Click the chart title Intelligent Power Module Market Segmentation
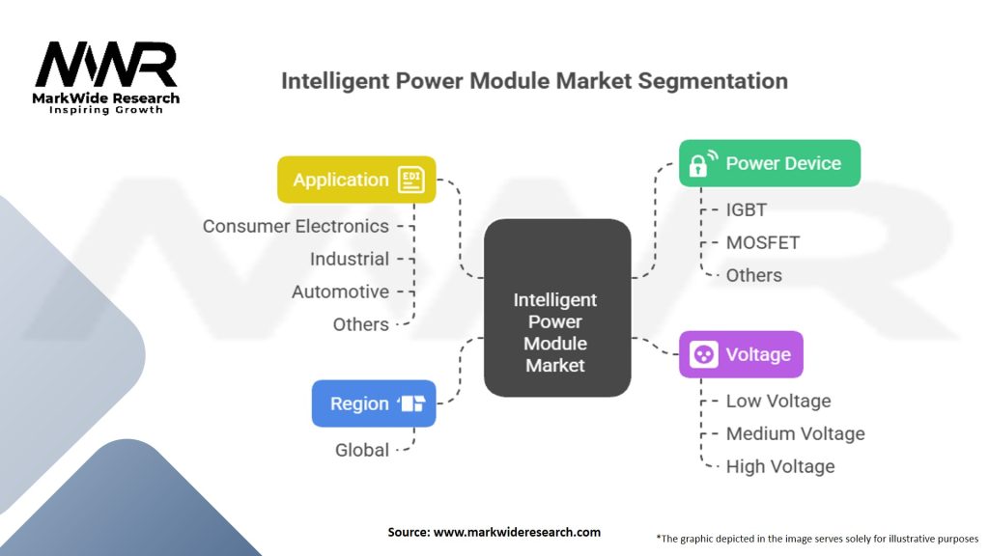[534, 80]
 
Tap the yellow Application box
[356, 180]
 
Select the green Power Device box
[769, 163]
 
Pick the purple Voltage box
[741, 354]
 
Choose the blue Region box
[374, 403]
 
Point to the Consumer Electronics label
[296, 226]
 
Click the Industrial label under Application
[350, 259]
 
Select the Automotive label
[340, 292]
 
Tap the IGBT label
[747, 209]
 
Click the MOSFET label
[763, 242]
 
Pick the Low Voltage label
[778, 401]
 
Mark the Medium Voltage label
[795, 433]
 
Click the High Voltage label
[780, 466]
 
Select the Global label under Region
[362, 450]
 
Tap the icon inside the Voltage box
[703, 354]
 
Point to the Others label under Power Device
[754, 275]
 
